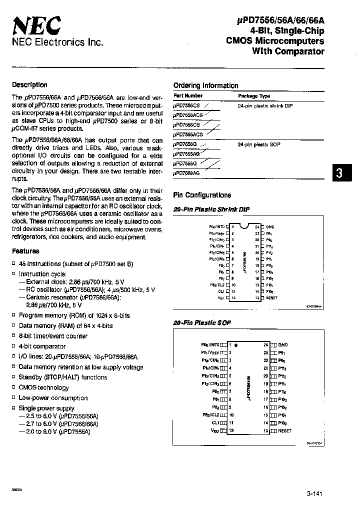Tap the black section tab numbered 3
pyautogui.click(x=339, y=173)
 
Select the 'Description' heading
pyautogui.click(x=29, y=85)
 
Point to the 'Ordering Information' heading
pyautogui.click(x=205, y=85)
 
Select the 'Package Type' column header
pyautogui.click(x=254, y=96)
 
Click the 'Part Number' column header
pyautogui.click(x=188, y=95)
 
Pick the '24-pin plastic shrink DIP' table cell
pyautogui.click(x=264, y=106)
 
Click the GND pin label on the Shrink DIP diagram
pyautogui.click(x=270, y=226)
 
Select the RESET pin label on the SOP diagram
pyautogui.click(x=284, y=430)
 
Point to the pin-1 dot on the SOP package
pyautogui.click(x=236, y=345)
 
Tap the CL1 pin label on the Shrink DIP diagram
pyautogui.click(x=221, y=290)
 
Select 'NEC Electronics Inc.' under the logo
pyautogui.click(x=57, y=43)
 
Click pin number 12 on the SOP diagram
pyautogui.click(x=231, y=430)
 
